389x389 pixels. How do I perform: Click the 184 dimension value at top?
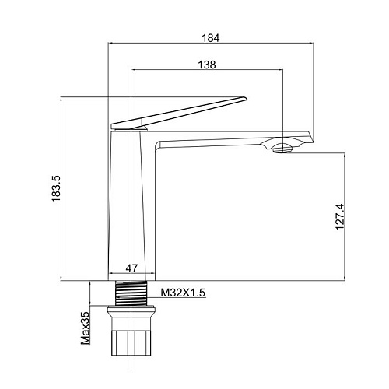211,38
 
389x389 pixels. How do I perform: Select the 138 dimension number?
207,65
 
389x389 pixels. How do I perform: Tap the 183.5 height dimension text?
56,188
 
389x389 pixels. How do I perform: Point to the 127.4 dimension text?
340,217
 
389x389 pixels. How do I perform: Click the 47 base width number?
131,268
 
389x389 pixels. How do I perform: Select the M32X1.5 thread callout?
183,293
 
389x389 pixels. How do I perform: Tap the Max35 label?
85,328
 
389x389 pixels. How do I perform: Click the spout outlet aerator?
282,149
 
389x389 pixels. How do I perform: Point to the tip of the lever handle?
247,98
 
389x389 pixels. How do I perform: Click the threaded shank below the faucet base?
131,293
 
